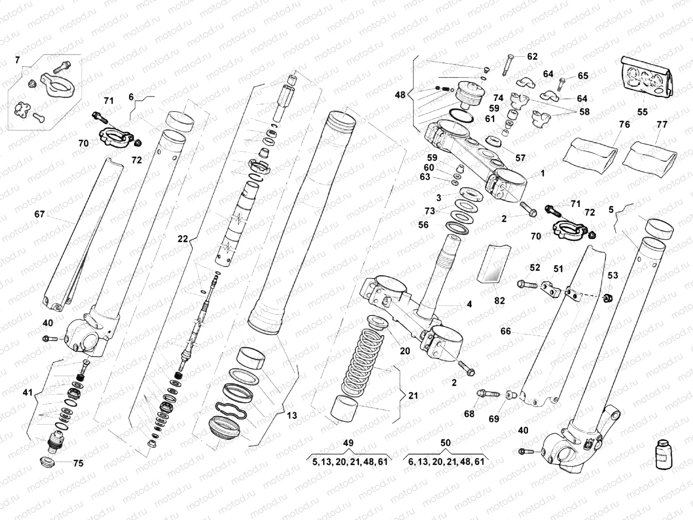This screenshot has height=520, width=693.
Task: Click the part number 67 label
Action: pos(39,214)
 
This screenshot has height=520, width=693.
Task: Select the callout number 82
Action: pos(499,300)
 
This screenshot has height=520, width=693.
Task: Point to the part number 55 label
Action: pos(642,112)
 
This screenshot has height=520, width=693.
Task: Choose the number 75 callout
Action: pos(78,463)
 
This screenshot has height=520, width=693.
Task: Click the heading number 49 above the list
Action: pos(348,443)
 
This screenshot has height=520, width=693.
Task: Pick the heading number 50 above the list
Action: pos(445,443)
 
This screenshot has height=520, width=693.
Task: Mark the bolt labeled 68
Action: pos(484,394)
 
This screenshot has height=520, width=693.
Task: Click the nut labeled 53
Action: pos(608,298)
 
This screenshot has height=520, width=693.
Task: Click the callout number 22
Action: pos(183,238)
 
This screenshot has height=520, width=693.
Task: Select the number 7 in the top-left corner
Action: pos(17,60)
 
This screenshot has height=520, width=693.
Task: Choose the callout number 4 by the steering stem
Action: pos(469,304)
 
